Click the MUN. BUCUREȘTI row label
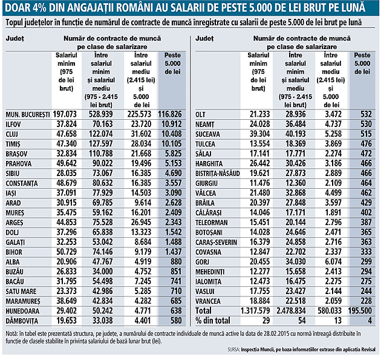click(27, 114)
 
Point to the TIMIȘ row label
click(16, 143)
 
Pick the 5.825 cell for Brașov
click(173, 154)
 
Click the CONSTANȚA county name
click(24, 183)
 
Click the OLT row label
click(201, 114)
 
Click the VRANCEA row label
click(209, 301)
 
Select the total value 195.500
click(361, 311)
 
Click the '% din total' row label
click(213, 321)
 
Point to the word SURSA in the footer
click(237, 350)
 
